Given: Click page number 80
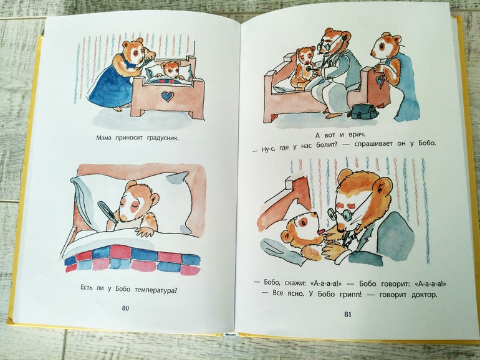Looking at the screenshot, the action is click(x=125, y=308).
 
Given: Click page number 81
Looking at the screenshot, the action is click(x=348, y=314).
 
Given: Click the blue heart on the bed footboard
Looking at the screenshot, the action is click(x=166, y=97).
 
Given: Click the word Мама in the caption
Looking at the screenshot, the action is click(x=104, y=138).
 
